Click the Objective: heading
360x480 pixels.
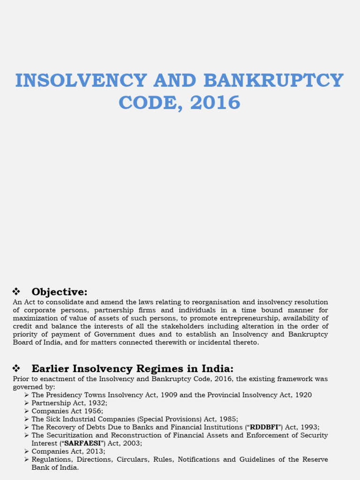60,292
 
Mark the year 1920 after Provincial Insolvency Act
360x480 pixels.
302,395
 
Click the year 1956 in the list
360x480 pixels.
94,411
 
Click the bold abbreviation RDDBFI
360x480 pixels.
264,427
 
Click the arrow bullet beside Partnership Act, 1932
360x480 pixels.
27,403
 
